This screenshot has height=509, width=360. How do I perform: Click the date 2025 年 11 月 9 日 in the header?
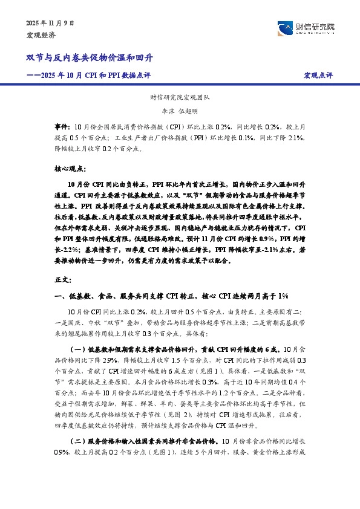(x=50, y=22)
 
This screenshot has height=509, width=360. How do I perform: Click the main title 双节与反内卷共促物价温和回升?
(x=89, y=58)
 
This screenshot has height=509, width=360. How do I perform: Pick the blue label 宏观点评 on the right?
(x=318, y=76)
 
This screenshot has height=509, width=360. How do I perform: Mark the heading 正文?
(x=63, y=280)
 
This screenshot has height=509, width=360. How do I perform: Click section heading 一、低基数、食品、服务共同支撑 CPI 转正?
(x=171, y=296)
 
